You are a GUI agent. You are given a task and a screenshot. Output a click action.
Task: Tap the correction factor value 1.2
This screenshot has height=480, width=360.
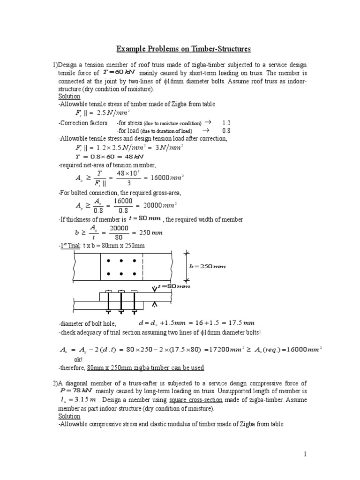(x=226, y=123)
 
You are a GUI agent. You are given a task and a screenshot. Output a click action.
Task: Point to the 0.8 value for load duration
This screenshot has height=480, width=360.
(x=226, y=131)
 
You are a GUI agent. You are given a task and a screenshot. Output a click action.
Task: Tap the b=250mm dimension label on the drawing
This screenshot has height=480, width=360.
(x=207, y=267)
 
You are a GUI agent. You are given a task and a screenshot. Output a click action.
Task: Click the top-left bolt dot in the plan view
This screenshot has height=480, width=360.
(x=109, y=261)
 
